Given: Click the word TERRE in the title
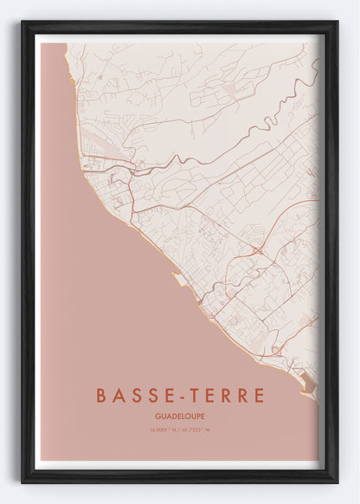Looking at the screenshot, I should coord(225,396).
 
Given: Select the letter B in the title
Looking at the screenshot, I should coord(102,396).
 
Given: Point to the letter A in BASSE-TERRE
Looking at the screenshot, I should coord(118,396).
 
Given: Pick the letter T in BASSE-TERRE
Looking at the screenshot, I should coord(192,396).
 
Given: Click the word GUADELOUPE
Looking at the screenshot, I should coord(180,417).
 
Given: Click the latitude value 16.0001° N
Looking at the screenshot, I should coord(163,430).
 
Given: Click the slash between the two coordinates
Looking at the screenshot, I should coord(180,430).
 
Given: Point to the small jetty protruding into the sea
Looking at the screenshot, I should coord(178,279).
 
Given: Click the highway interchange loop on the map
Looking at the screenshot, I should coord(258,250).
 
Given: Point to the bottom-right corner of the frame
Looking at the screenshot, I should coord(336,481).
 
